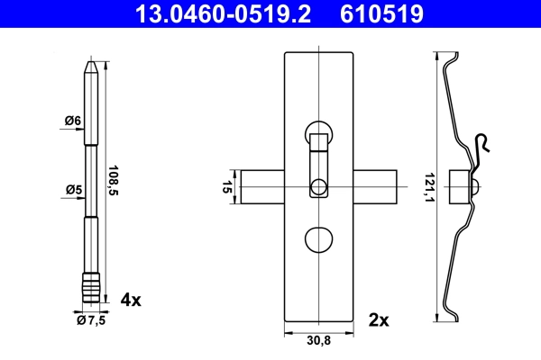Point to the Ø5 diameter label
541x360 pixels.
click(72, 189)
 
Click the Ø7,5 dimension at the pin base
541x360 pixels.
click(90, 319)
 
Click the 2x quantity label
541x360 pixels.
click(378, 319)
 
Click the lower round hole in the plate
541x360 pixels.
click(318, 241)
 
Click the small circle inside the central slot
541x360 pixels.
click(318, 187)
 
